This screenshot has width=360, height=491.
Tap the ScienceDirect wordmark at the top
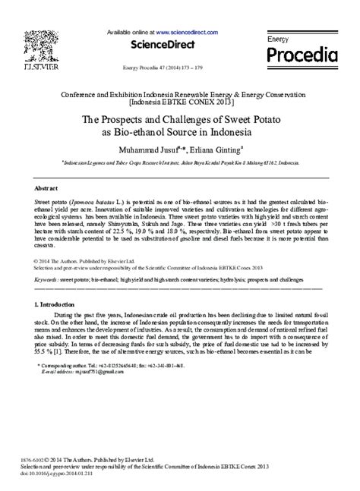click(160, 44)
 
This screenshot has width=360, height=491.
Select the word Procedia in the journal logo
click(302, 55)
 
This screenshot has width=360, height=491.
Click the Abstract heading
click(48, 187)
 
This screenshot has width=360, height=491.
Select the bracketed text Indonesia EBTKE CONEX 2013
click(180, 99)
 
